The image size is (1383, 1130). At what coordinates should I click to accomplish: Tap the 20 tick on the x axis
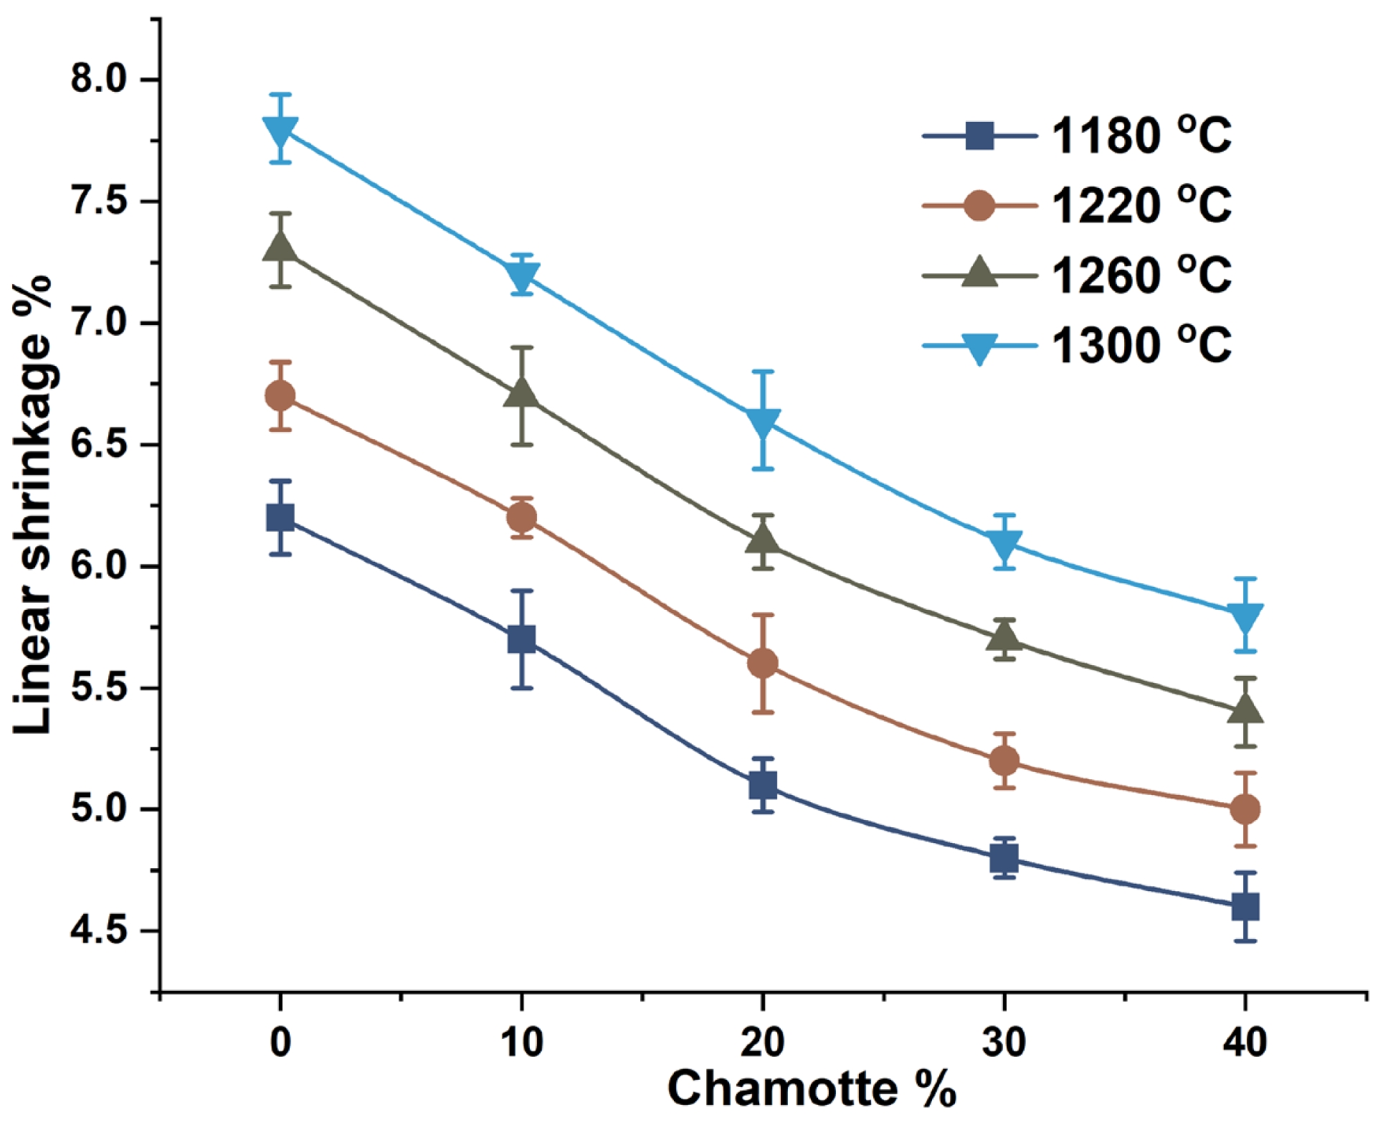click(762, 1042)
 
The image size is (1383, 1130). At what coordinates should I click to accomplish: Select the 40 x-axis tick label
click(1245, 1042)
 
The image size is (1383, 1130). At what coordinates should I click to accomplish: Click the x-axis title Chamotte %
click(812, 1089)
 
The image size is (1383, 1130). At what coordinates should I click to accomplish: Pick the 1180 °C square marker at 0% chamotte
click(280, 517)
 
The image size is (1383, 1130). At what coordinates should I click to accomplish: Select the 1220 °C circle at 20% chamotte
click(762, 664)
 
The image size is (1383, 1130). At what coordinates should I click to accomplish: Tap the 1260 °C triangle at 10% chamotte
click(521, 394)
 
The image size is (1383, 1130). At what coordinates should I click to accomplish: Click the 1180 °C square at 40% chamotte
click(1245, 907)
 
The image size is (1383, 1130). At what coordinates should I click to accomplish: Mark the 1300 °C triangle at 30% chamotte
click(1004, 544)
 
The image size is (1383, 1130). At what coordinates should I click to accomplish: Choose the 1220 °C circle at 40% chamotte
click(1245, 809)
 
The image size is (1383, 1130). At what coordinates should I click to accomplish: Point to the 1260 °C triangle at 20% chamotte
click(762, 540)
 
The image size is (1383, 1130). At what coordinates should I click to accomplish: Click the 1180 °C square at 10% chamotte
click(521, 639)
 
